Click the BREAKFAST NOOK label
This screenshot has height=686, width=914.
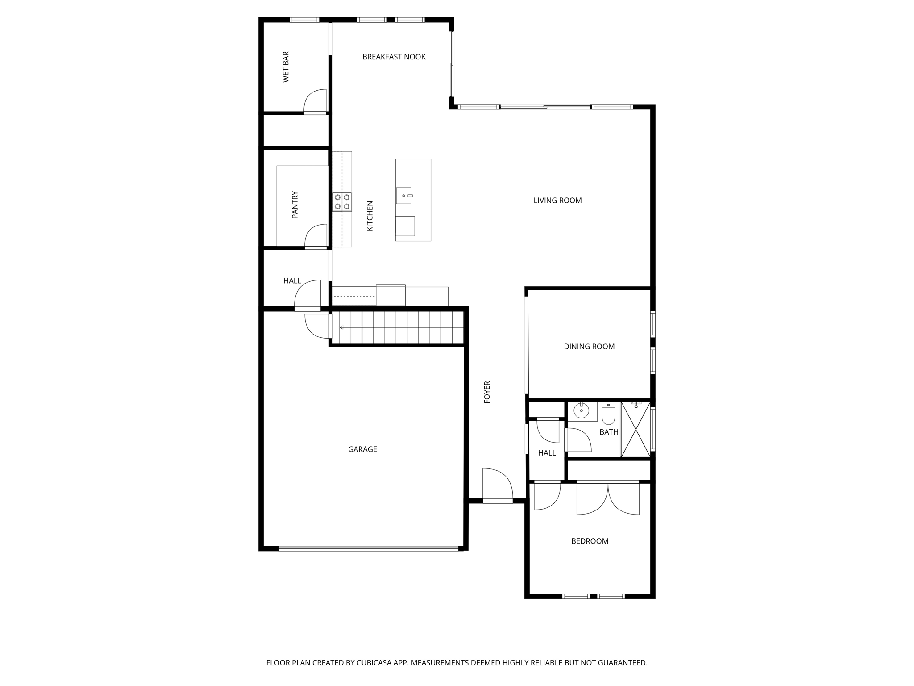(394, 57)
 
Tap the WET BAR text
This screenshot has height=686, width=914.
(286, 67)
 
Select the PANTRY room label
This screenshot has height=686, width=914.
(295, 205)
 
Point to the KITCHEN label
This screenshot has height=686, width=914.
(370, 216)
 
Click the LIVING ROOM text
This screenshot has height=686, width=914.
(557, 201)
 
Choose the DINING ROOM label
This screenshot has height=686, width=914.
(589, 347)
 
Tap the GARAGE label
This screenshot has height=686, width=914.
(362, 449)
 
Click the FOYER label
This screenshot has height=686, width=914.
(487, 392)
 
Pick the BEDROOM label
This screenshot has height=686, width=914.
(590, 541)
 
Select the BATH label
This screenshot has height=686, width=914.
(609, 432)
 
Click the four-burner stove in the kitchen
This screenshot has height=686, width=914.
(342, 202)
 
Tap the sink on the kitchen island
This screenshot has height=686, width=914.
(404, 196)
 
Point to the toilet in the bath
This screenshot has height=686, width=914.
(608, 414)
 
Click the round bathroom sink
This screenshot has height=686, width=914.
(581, 410)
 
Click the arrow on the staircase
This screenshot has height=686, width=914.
(342, 327)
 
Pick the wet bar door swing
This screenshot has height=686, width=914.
(316, 101)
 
